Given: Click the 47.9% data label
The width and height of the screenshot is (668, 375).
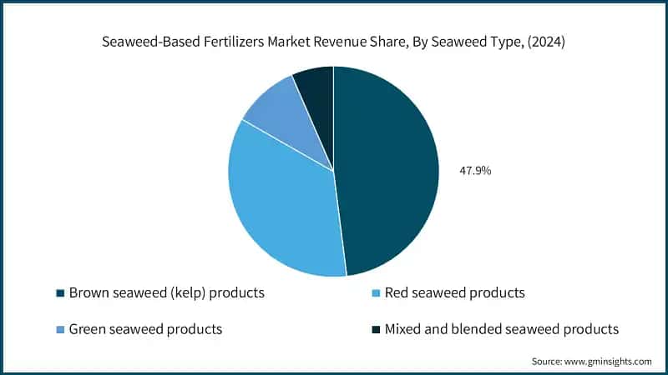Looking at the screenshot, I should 476,171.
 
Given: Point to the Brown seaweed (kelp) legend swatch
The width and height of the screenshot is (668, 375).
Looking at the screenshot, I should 59,293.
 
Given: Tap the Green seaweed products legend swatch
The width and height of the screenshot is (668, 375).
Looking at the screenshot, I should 59,330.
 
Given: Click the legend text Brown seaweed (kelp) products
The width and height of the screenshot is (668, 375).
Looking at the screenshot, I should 167,293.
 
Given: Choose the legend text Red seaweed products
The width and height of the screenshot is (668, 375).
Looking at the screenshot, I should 455,293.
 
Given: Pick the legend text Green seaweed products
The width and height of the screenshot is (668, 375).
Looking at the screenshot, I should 145,330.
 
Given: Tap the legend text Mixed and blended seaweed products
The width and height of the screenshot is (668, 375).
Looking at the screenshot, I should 502,330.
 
